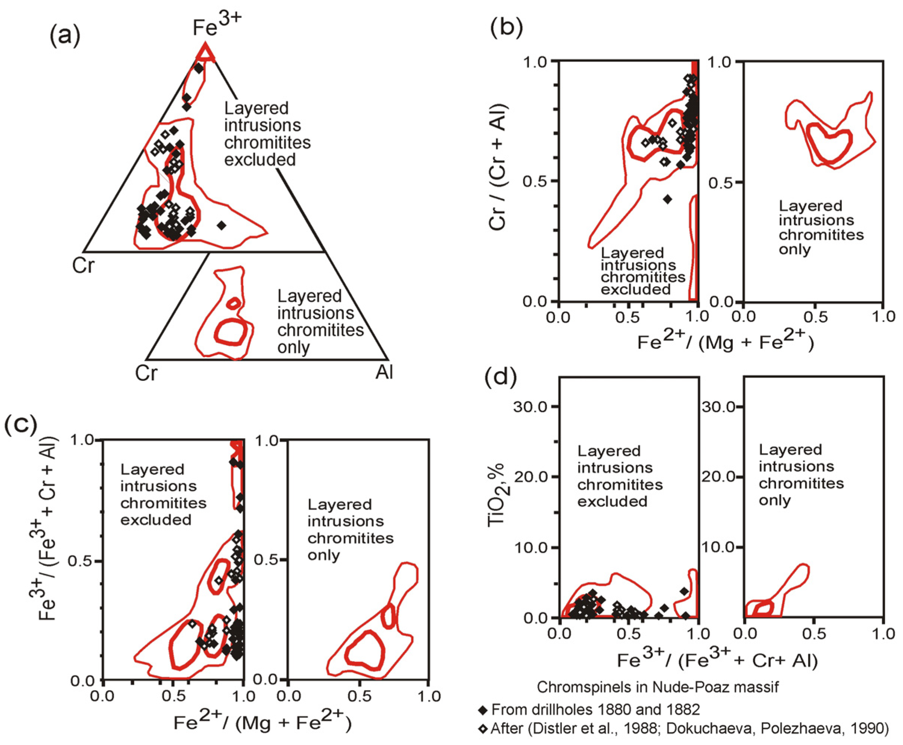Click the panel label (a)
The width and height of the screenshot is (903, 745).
pos(65,37)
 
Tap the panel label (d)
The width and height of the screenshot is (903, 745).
pos(501,376)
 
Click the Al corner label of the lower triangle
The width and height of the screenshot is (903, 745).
pos(384,372)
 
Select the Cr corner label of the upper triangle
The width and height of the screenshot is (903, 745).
pos(83,266)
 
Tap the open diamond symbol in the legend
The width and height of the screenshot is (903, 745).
pos(483,729)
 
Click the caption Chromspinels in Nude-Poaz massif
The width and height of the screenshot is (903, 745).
pos(657,687)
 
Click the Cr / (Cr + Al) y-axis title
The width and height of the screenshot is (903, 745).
pos(498,168)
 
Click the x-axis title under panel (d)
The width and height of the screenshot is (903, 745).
pos(717,661)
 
